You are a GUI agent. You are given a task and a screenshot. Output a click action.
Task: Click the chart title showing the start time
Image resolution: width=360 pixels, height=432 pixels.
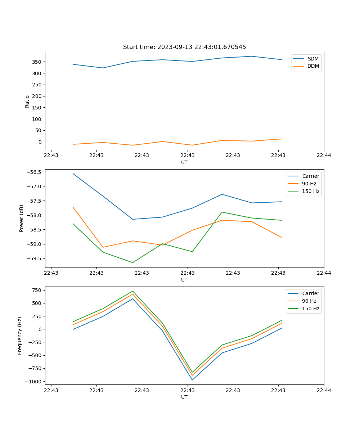pyautogui.click(x=184, y=47)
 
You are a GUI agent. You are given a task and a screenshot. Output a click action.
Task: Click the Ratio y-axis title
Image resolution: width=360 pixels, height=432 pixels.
pyautogui.click(x=27, y=101)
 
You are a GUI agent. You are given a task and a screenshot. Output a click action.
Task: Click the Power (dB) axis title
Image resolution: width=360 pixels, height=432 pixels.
pyautogui.click(x=22, y=218)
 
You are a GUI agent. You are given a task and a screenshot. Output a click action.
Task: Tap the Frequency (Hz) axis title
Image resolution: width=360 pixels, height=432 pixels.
pyautogui.click(x=20, y=336)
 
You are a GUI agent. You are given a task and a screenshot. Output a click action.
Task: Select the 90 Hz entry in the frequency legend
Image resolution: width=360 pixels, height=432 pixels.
pyautogui.click(x=309, y=301)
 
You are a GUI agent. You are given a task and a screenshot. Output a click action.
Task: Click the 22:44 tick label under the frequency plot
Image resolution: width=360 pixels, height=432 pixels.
pyautogui.click(x=324, y=390)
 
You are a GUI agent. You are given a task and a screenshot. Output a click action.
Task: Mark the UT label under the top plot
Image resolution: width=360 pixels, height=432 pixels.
pyautogui.click(x=184, y=162)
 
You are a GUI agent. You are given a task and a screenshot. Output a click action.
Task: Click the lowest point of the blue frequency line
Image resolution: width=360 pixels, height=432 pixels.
pyautogui.click(x=192, y=380)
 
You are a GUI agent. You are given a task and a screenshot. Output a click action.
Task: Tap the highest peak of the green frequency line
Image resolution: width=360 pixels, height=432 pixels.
pyautogui.click(x=132, y=291)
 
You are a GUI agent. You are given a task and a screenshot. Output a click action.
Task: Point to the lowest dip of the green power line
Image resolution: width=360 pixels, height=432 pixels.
pyautogui.click(x=132, y=262)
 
